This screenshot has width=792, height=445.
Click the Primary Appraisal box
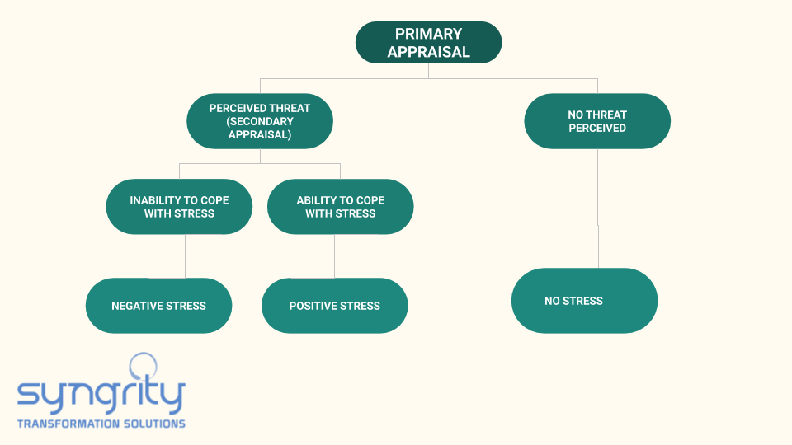[428, 42]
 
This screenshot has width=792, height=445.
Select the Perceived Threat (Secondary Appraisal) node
[260, 121]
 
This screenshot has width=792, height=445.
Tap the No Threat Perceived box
[597, 121]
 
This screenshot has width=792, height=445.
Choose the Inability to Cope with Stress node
[179, 206]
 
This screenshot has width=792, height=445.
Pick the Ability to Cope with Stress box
[341, 206]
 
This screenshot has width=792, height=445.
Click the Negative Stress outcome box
[158, 305]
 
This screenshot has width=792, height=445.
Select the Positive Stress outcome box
[334, 305]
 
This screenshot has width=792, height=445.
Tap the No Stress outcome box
[584, 301]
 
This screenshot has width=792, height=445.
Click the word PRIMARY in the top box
[428, 34]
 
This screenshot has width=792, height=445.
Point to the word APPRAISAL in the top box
[428, 51]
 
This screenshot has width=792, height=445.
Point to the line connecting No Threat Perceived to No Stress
[598, 208]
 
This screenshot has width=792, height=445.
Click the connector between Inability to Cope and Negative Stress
[185, 255]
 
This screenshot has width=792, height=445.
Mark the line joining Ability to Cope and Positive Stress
[334, 255]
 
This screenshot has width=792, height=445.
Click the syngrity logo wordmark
[101, 394]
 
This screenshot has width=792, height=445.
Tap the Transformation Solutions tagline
[101, 424]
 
